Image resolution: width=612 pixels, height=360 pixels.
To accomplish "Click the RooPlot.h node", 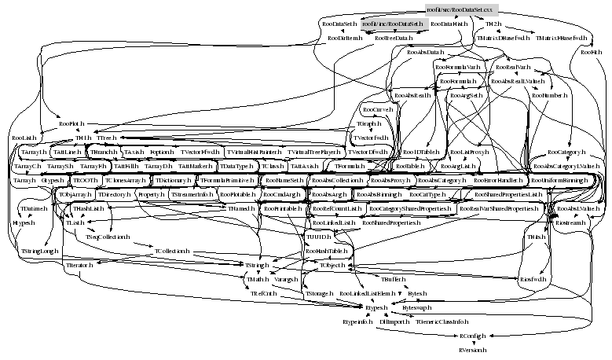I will pyautogui.click(x=71, y=124).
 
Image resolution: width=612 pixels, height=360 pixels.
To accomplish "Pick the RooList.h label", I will pyautogui.click(x=24, y=138).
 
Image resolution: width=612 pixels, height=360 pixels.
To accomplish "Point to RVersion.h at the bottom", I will pyautogui.click(x=473, y=348).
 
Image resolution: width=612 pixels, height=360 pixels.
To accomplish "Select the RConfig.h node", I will pyautogui.click(x=474, y=335).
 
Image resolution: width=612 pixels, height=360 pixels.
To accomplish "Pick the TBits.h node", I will pyautogui.click(x=536, y=237).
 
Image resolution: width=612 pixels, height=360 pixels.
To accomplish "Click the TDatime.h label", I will pyautogui.click(x=34, y=210).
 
